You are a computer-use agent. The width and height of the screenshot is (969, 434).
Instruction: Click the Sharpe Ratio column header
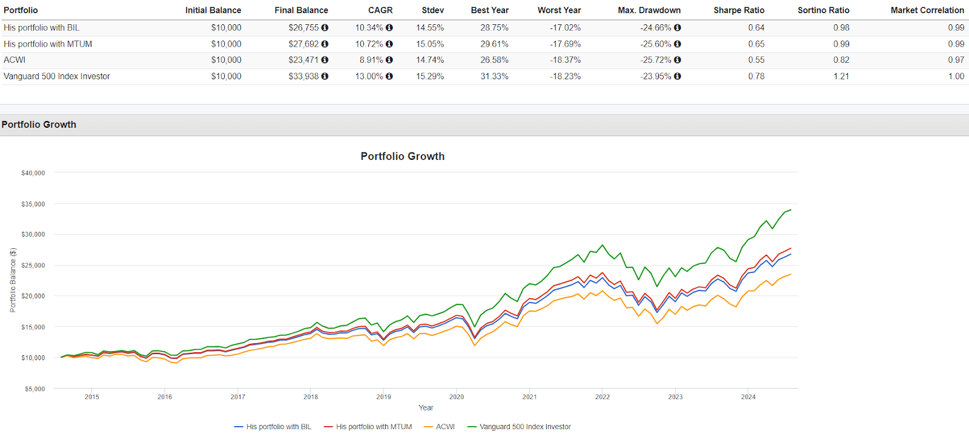[738, 10]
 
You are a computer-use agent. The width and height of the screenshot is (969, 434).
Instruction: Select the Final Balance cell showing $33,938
[303, 76]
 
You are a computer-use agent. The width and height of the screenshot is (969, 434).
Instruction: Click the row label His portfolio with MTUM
[48, 44]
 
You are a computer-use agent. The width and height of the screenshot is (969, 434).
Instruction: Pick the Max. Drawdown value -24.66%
[655, 28]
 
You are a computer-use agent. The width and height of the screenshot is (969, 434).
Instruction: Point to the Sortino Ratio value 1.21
[841, 76]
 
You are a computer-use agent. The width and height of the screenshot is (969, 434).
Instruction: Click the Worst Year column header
[559, 10]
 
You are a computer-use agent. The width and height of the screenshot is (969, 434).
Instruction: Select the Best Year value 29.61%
[494, 44]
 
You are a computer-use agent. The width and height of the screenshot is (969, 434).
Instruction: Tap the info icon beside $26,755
[325, 28]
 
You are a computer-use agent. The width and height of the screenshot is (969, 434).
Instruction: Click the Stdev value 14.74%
[429, 60]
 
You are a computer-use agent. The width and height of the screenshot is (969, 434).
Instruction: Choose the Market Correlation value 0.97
[956, 60]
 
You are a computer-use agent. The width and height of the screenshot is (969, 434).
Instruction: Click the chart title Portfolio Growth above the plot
[402, 156]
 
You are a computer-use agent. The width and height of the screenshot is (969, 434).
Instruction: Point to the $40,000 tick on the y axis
[33, 173]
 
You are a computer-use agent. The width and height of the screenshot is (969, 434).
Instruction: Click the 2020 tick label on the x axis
[456, 397]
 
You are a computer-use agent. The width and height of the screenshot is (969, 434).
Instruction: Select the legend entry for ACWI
[445, 427]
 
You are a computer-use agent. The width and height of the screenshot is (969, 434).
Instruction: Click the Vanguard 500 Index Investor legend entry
[524, 427]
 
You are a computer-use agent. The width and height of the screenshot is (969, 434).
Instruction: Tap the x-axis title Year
[426, 408]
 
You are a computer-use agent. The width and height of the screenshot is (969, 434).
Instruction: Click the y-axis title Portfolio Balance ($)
[13, 280]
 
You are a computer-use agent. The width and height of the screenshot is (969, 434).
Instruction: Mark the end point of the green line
[790, 209]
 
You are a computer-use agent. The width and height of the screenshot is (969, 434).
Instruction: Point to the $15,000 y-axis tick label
[33, 327]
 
